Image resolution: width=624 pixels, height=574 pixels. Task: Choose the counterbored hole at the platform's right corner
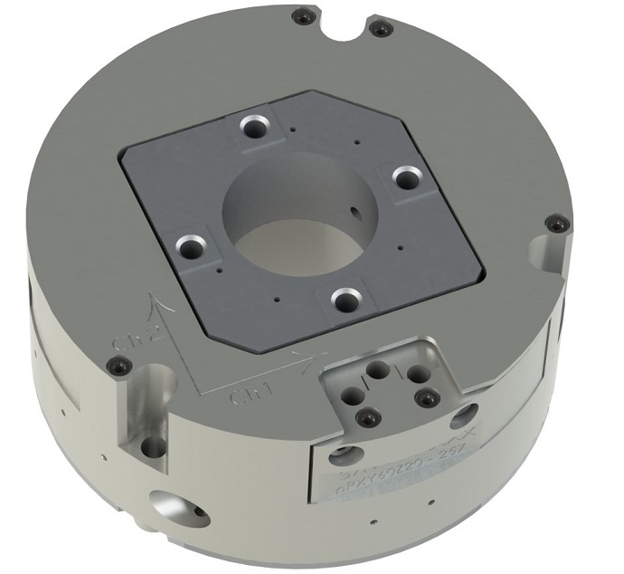pyautogui.click(x=408, y=179)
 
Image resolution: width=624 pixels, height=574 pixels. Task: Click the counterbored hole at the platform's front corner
pyautogui.click(x=343, y=299)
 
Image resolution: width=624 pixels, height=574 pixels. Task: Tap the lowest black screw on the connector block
pyautogui.click(x=366, y=418)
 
